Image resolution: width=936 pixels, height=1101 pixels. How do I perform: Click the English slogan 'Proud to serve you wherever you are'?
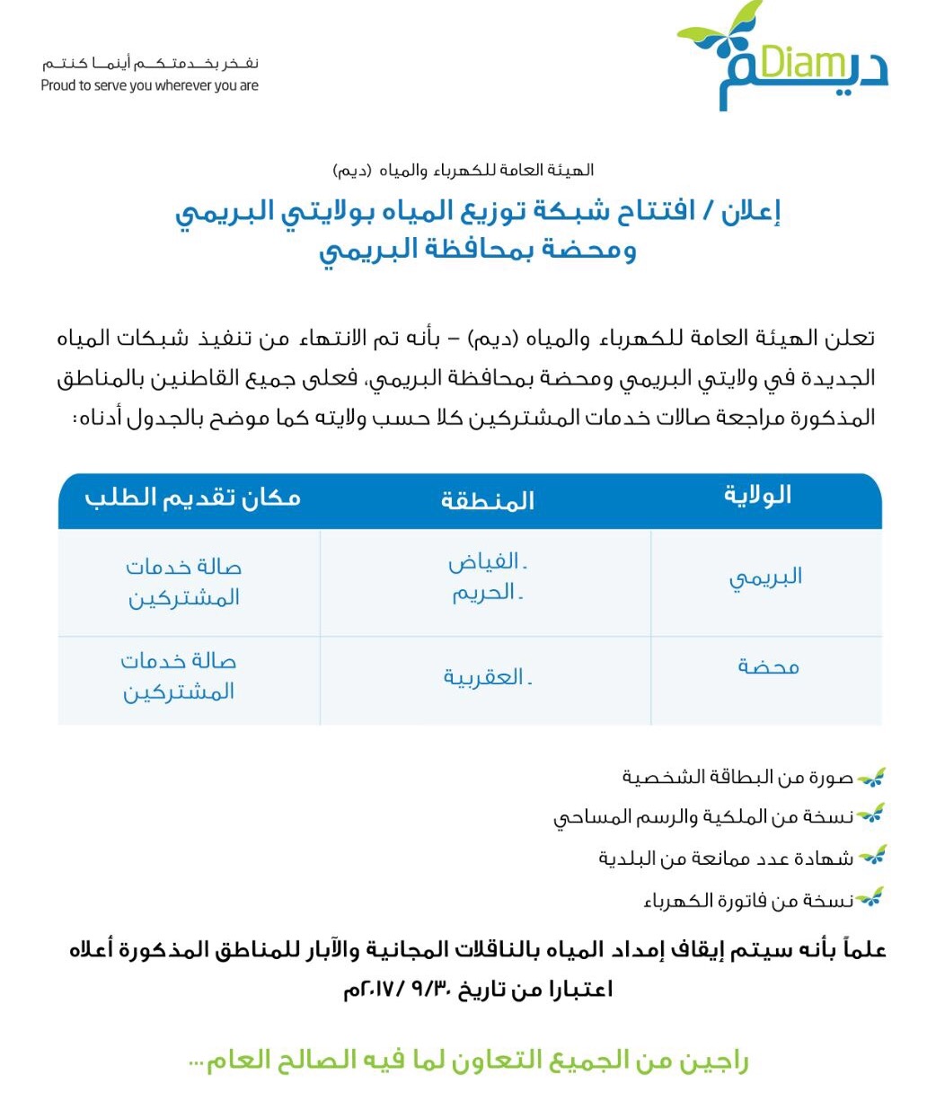click(x=150, y=85)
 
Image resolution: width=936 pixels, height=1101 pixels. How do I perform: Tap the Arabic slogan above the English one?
click(x=150, y=64)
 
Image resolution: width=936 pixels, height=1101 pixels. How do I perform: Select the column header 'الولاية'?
click(x=757, y=496)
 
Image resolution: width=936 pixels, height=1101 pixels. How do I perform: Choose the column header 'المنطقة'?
click(x=487, y=500)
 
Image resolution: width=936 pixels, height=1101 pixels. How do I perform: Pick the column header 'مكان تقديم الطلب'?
click(x=193, y=498)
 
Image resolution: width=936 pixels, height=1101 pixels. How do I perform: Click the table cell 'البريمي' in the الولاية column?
click(x=765, y=577)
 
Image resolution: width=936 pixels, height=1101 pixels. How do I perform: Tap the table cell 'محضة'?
click(x=768, y=666)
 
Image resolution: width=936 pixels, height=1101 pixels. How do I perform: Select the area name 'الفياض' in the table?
click(x=485, y=563)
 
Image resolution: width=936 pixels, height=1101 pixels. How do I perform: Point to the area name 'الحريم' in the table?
click(x=485, y=593)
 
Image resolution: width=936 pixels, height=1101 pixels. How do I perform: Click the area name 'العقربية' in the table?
click(x=485, y=677)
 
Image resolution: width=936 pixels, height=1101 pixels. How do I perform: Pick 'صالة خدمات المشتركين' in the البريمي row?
click(x=184, y=582)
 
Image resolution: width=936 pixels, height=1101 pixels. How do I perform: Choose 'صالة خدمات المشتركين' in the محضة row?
click(x=179, y=676)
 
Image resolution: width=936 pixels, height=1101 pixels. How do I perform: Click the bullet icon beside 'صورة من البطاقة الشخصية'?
click(x=870, y=776)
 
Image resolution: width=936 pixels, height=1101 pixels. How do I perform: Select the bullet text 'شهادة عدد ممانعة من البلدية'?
click(x=726, y=859)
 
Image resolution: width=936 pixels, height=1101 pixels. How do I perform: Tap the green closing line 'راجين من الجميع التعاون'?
click(x=468, y=1061)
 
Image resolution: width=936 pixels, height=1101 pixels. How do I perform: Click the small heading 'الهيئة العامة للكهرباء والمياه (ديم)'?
click(x=464, y=170)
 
